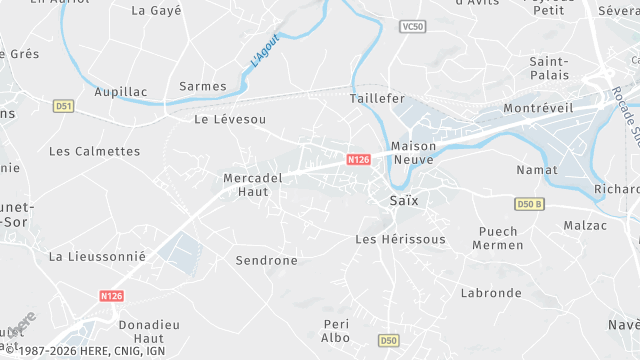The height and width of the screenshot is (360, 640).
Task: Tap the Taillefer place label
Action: [x=378, y=99]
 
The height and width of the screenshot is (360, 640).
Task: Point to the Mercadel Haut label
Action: [x=253, y=185]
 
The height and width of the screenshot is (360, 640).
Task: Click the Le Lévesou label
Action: [x=230, y=119]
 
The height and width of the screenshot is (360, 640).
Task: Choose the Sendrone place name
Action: [x=266, y=260]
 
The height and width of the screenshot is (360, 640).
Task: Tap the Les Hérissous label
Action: [x=400, y=240]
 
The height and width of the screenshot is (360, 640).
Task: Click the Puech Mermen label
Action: [x=497, y=238]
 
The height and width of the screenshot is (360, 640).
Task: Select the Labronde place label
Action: [x=491, y=293]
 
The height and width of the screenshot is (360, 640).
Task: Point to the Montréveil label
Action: [x=537, y=108]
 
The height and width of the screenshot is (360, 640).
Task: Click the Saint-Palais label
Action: [x=549, y=68]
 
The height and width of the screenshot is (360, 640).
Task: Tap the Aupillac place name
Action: [x=120, y=92]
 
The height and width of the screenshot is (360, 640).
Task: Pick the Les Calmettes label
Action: [x=95, y=151]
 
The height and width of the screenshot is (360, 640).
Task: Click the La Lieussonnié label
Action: [x=97, y=256]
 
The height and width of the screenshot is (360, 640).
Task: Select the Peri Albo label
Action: [x=337, y=331]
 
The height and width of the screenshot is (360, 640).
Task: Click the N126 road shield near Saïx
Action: [x=359, y=160]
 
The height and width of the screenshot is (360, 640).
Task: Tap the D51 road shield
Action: [x=64, y=106]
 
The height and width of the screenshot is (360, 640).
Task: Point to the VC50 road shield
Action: [x=411, y=26]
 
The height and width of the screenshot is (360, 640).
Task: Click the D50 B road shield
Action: [x=530, y=205]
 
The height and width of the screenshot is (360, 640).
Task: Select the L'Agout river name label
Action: [x=264, y=50]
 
